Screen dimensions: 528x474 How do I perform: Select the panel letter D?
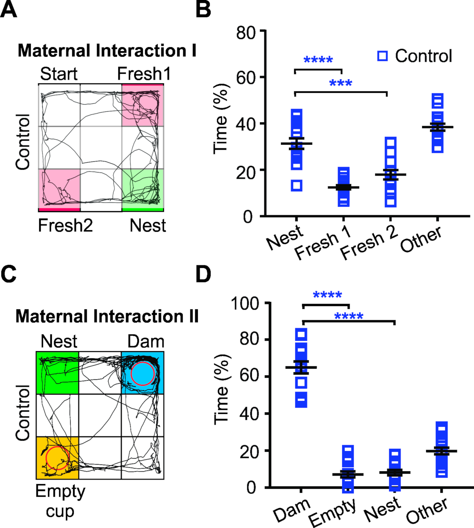pyautogui.click(x=203, y=275)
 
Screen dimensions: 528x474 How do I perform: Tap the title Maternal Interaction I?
pyautogui.click(x=107, y=51)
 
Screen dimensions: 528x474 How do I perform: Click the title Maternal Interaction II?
pyautogui.click(x=107, y=316)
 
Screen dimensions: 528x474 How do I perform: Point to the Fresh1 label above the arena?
pyautogui.click(x=144, y=74)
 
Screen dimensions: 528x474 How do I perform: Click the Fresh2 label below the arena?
pyautogui.click(x=66, y=226)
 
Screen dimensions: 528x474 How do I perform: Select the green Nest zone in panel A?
pyautogui.click(x=142, y=189)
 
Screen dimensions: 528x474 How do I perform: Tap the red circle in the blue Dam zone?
pyautogui.click(x=142, y=373)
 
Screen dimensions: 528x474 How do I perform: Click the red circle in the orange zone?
pyautogui.click(x=57, y=458)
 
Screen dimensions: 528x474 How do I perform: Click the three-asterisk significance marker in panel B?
pyautogui.click(x=340, y=83)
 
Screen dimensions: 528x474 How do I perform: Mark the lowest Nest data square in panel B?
pyautogui.click(x=296, y=186)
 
